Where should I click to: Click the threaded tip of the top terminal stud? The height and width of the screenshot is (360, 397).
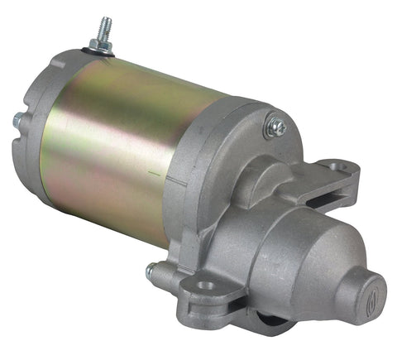105,25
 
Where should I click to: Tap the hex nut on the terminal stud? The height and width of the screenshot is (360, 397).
103,44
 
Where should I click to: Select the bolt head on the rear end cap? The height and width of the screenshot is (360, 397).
17,121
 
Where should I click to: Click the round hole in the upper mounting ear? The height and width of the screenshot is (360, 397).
337,165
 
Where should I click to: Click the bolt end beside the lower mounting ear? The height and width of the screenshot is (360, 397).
151,270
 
